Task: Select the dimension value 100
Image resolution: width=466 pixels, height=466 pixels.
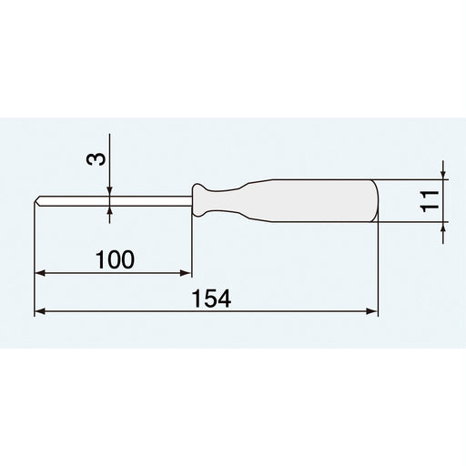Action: (x=115, y=259)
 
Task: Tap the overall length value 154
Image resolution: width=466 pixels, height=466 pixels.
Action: (x=215, y=299)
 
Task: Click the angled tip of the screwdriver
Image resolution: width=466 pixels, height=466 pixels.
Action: (x=39, y=200)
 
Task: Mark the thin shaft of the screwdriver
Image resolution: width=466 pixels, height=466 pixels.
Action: (x=118, y=200)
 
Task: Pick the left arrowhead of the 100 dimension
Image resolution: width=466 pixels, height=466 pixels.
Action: (x=40, y=272)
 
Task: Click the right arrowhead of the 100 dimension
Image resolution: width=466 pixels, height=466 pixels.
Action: (x=187, y=272)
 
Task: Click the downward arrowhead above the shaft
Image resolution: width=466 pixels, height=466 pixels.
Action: (x=110, y=190)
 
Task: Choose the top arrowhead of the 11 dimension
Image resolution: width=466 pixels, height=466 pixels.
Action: (x=442, y=175)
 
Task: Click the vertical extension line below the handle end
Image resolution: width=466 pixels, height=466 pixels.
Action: (x=377, y=268)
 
